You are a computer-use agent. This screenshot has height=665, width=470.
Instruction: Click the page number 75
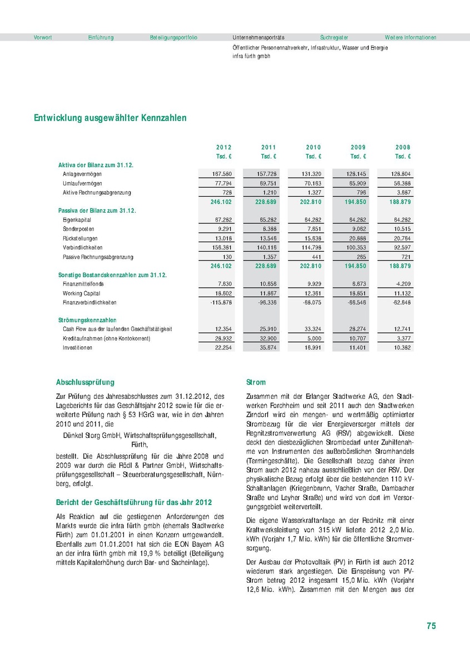click(x=431, y=626)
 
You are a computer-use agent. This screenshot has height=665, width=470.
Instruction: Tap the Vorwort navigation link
click(x=43, y=37)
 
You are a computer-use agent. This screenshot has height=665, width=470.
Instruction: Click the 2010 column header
click(x=313, y=147)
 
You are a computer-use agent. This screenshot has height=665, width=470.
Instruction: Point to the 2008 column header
click(x=403, y=147)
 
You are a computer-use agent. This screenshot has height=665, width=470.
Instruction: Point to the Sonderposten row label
click(x=78, y=229)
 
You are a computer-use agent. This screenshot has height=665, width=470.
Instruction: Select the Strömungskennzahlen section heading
click(x=87, y=320)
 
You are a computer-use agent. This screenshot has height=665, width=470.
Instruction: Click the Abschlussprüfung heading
click(x=85, y=382)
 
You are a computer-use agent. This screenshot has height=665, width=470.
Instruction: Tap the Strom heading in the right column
click(x=256, y=382)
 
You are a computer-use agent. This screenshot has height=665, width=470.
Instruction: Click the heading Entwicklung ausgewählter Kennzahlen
click(x=110, y=118)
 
